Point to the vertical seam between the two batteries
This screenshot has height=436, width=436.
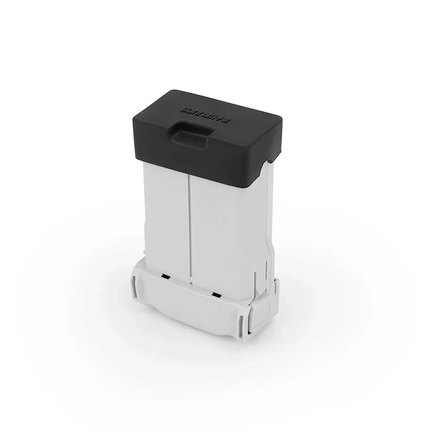coord(190,218)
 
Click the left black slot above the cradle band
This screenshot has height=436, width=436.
coord(163,277)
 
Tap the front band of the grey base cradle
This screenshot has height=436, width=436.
coord(191,305)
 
